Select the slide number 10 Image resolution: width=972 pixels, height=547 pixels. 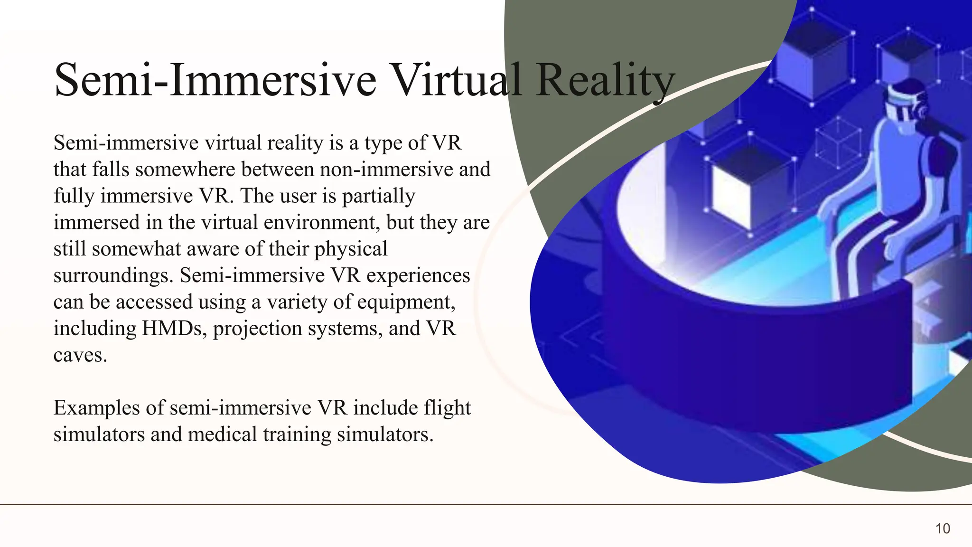click(943, 528)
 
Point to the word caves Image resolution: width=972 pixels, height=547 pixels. click(80, 355)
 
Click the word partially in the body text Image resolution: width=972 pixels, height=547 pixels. click(379, 196)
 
